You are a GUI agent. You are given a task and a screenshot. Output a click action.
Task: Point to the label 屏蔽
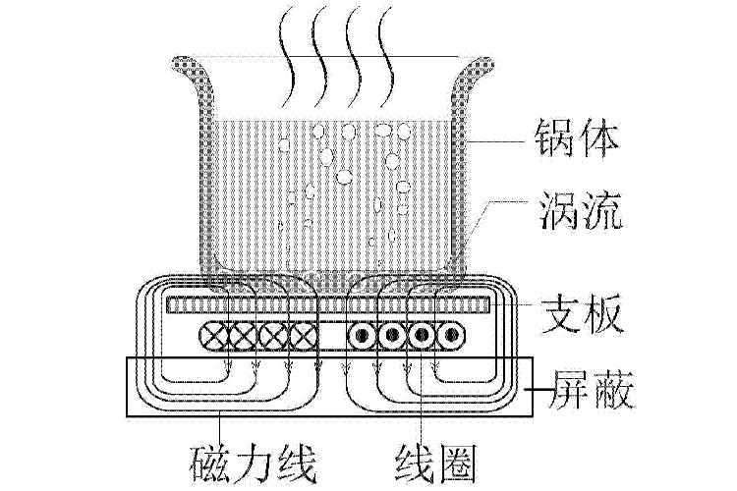582,390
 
